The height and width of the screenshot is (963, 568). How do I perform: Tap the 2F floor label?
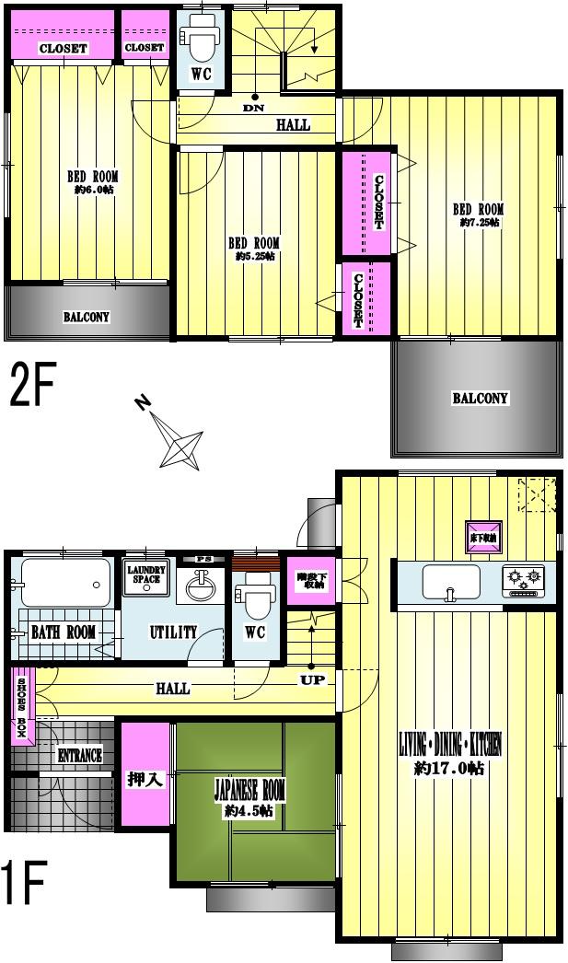(x=32, y=386)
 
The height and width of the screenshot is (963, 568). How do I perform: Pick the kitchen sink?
(x=450, y=582)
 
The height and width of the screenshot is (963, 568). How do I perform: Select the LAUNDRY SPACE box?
(x=146, y=574)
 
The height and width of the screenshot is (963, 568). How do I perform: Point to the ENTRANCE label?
(x=79, y=756)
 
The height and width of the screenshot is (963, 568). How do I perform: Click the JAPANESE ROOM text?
(x=249, y=790)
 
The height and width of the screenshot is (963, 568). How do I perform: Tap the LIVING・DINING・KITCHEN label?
(x=449, y=743)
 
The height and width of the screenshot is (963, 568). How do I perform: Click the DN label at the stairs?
(x=254, y=109)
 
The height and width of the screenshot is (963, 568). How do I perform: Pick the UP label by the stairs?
(x=310, y=679)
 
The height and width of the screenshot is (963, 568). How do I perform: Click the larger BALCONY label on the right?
(x=480, y=399)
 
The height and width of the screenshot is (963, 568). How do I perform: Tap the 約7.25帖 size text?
(x=479, y=223)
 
